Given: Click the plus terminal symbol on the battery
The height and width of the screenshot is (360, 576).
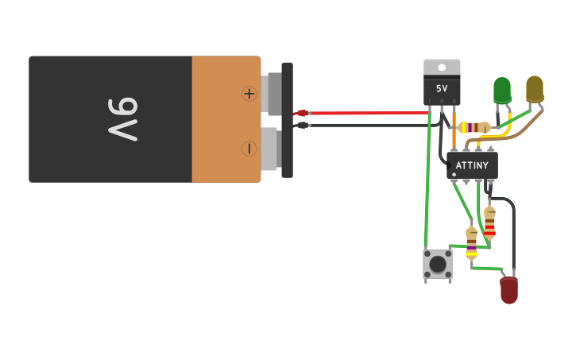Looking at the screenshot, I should click(249, 94).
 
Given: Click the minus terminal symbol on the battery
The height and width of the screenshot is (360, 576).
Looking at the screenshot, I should click(249, 149).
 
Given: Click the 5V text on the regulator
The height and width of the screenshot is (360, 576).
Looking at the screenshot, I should click(442, 89).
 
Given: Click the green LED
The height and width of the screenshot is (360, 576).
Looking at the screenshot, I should click(502, 90).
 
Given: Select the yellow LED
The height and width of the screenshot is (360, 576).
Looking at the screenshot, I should click(535, 88).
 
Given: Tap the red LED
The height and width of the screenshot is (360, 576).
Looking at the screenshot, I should click(508, 289).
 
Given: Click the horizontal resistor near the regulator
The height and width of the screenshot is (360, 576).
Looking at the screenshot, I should click(474, 127).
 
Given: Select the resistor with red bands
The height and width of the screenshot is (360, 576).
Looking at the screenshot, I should click(489, 223).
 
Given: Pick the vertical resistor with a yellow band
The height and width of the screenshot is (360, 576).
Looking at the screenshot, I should click(471, 243).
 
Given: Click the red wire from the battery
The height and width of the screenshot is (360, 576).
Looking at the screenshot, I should click(358, 113).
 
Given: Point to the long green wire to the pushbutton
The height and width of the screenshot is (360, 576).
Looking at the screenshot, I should click(427, 191).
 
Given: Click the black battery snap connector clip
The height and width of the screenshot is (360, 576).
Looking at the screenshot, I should click(287, 119).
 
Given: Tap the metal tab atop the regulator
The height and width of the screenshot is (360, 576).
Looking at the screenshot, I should click(442, 68).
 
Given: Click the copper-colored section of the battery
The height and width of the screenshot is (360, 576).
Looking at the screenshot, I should click(226, 119).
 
